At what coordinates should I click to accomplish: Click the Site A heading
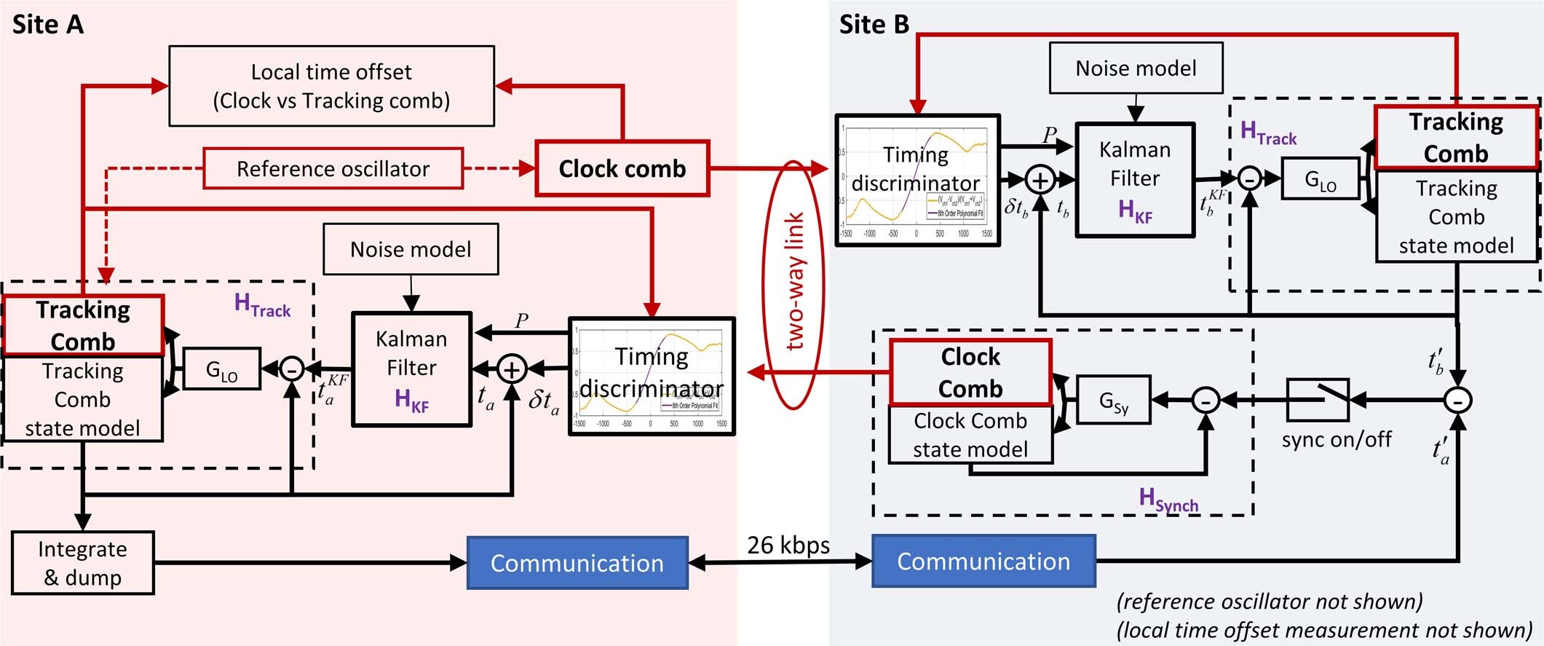point(48,25)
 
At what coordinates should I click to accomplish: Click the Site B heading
point(874,25)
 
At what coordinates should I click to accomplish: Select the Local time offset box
point(331,86)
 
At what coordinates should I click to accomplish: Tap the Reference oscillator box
point(333,169)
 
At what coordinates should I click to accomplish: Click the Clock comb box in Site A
point(622,169)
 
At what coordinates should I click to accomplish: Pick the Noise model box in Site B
point(1136,68)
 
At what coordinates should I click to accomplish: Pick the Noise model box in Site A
point(411,250)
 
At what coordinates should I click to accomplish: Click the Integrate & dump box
point(82,563)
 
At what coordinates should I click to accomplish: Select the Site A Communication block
point(577,563)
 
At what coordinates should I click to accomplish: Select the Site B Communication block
point(983,562)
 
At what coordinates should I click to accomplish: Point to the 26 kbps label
point(788,545)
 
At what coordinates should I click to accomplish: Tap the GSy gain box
point(1113,400)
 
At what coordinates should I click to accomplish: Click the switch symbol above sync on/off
point(1318,400)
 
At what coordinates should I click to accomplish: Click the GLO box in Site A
point(221,369)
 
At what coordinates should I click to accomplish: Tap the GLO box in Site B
point(1320,179)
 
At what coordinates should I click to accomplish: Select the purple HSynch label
point(1168,500)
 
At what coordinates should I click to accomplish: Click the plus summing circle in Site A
point(512,369)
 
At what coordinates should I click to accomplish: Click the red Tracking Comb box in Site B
point(1455,137)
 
